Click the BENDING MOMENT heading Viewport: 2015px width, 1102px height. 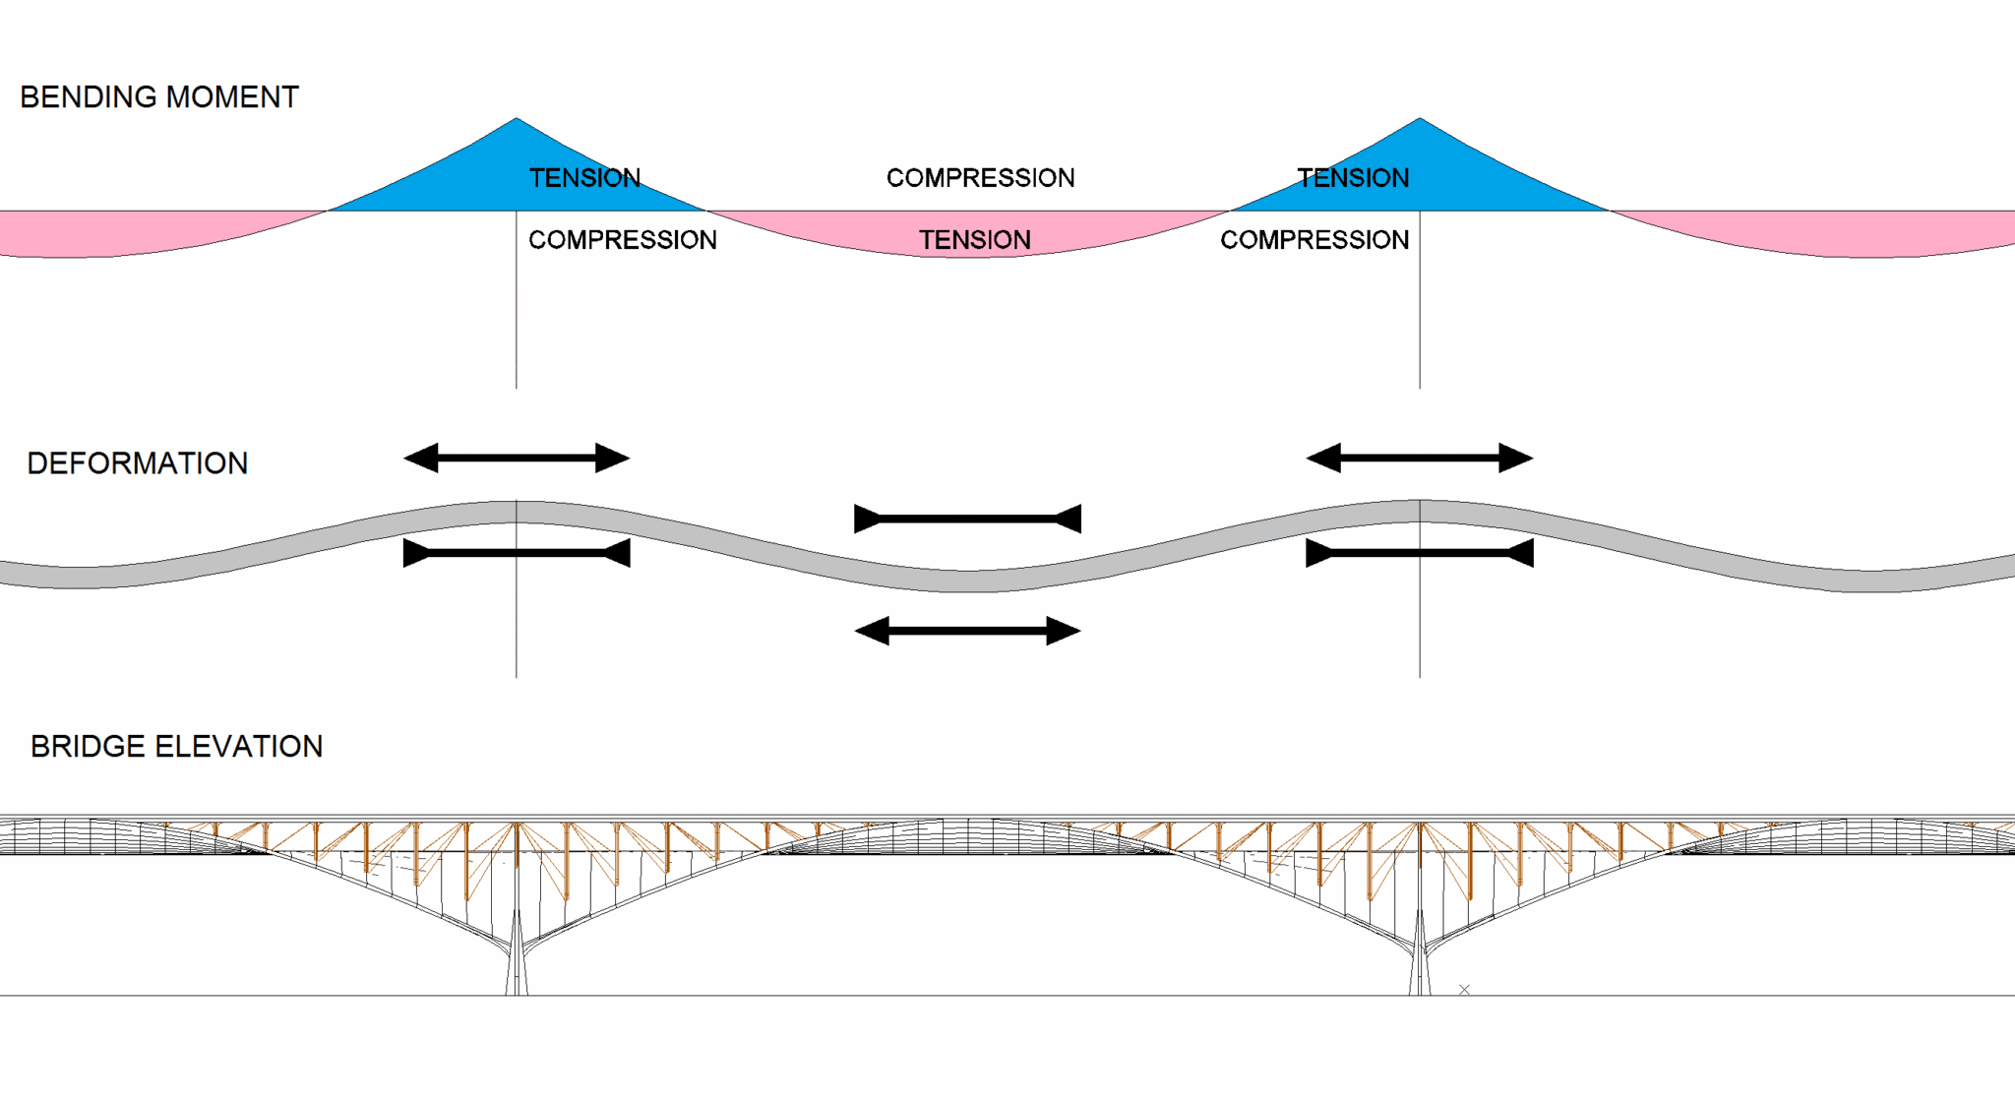[x=159, y=97]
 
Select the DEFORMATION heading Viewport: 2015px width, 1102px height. [x=138, y=463]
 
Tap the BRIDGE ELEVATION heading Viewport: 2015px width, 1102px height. [x=177, y=747]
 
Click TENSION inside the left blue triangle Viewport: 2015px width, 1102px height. [x=584, y=178]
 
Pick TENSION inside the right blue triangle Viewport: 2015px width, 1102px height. [x=1353, y=178]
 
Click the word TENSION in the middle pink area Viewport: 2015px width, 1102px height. [x=975, y=240]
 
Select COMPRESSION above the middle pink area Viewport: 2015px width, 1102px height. [x=980, y=178]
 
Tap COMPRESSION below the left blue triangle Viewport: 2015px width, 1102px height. [x=623, y=240]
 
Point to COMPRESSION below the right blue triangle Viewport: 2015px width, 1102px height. [x=1314, y=240]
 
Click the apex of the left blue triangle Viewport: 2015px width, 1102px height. [x=517, y=120]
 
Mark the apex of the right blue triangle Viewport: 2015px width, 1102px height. [x=1420, y=120]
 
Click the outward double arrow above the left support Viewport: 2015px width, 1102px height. [x=517, y=458]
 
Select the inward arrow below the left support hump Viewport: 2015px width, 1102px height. [x=517, y=553]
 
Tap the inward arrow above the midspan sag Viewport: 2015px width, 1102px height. [x=968, y=519]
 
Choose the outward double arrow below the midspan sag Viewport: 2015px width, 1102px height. [x=968, y=631]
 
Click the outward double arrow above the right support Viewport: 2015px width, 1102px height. [x=1420, y=458]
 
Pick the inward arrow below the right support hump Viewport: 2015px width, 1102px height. [x=1420, y=553]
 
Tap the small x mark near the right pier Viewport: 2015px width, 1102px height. [x=1464, y=990]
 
